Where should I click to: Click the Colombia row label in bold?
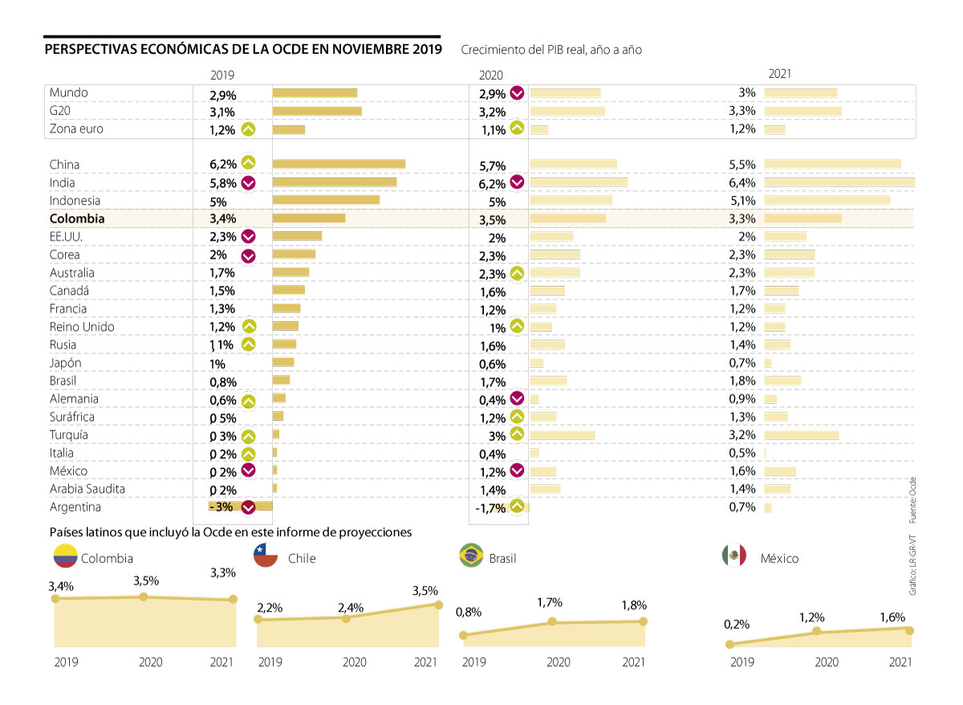77,218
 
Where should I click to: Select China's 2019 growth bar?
339,164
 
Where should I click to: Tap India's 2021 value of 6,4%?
742,182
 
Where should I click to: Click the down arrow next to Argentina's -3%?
249,507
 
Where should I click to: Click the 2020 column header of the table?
490,75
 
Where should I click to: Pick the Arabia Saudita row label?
87,489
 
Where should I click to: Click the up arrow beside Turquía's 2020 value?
517,434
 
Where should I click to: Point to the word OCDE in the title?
270,50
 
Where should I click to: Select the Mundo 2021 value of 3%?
747,93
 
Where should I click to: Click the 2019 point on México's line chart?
729,644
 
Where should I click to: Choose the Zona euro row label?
76,128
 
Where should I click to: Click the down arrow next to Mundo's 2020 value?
518,93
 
